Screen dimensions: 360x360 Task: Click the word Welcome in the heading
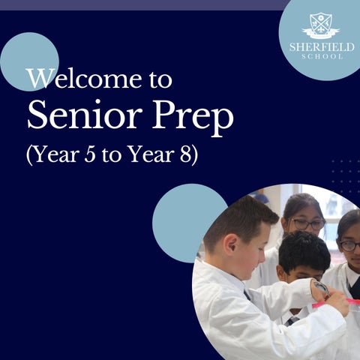(85, 79)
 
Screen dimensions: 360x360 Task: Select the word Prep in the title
(193, 118)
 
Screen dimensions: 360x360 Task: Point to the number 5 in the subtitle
(90, 155)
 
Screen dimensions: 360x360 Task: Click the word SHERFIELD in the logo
(322, 47)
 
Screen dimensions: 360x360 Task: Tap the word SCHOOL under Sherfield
(322, 56)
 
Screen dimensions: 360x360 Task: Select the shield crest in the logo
(321, 24)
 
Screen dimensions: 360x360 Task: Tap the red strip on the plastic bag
(336, 303)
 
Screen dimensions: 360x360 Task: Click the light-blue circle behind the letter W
(30, 61)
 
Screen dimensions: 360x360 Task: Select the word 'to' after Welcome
(160, 80)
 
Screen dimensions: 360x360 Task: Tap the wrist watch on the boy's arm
(320, 287)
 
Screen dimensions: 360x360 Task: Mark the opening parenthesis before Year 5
(29, 155)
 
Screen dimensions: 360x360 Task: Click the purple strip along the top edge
(144, 5)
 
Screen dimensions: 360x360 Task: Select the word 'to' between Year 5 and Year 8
(111, 156)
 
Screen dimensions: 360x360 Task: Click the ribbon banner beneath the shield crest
(321, 33)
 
